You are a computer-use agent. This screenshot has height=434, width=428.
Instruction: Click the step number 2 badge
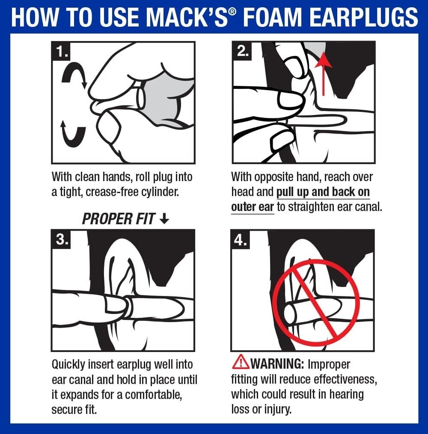[242, 52]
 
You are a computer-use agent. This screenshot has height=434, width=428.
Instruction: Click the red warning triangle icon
[240, 363]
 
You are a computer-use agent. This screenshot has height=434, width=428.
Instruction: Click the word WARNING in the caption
[277, 364]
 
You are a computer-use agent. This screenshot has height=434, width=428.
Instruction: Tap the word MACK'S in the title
[192, 18]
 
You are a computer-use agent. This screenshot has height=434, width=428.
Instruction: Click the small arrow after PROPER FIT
[164, 219]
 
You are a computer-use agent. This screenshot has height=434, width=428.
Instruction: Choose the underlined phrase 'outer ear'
[252, 207]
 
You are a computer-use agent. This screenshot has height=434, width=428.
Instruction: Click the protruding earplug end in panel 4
[290, 313]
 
